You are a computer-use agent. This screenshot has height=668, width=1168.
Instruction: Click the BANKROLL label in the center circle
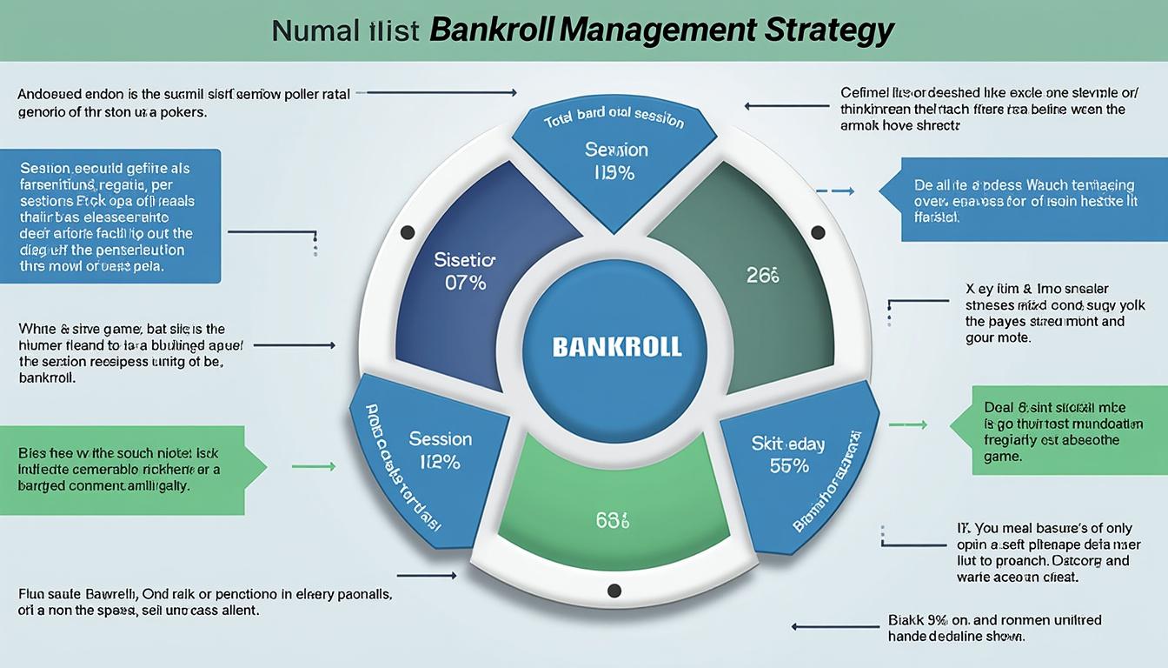click(617, 348)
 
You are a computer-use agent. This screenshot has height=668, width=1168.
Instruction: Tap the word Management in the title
click(657, 30)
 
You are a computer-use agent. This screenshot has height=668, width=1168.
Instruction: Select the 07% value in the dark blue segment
click(465, 283)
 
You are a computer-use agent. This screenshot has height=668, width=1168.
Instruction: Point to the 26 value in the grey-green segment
click(763, 276)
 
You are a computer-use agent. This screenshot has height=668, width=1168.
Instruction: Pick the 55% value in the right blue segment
click(789, 466)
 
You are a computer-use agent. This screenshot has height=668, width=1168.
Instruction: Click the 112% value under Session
click(440, 462)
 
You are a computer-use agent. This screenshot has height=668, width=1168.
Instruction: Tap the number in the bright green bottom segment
click(613, 521)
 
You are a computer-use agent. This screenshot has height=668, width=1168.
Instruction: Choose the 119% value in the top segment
click(614, 172)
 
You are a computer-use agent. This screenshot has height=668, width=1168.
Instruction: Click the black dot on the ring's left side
click(407, 232)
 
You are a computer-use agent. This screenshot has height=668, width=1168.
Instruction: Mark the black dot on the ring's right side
click(817, 232)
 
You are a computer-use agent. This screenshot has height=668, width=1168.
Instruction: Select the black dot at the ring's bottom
click(614, 591)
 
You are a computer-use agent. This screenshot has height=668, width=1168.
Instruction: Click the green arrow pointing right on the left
click(313, 467)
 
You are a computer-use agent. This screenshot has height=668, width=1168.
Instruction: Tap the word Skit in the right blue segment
click(766, 444)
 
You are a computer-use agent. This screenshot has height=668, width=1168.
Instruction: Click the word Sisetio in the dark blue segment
click(464, 260)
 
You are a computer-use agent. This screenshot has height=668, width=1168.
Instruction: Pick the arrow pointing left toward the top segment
click(786, 106)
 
